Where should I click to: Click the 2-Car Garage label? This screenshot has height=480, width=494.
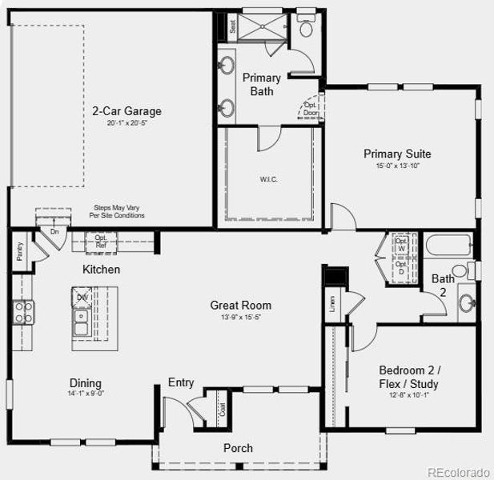tap(127, 111)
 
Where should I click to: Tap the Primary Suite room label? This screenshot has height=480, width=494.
tap(397, 154)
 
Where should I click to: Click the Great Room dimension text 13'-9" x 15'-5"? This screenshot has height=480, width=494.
tap(241, 318)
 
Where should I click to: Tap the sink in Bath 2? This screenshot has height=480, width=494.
tap(467, 303)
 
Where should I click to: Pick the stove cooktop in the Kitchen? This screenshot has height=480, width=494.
tap(23, 312)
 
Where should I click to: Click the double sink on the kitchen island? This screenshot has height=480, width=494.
tap(80, 322)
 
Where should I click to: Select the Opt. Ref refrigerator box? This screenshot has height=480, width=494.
tap(101, 242)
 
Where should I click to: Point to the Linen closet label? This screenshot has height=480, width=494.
tap(331, 303)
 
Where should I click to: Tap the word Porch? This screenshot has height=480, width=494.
tap(238, 448)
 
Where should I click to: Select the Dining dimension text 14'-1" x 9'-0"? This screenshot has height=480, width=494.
tap(85, 394)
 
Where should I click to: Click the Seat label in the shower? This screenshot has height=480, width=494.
tap(232, 26)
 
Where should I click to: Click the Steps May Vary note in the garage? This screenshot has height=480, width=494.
tap(119, 211)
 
